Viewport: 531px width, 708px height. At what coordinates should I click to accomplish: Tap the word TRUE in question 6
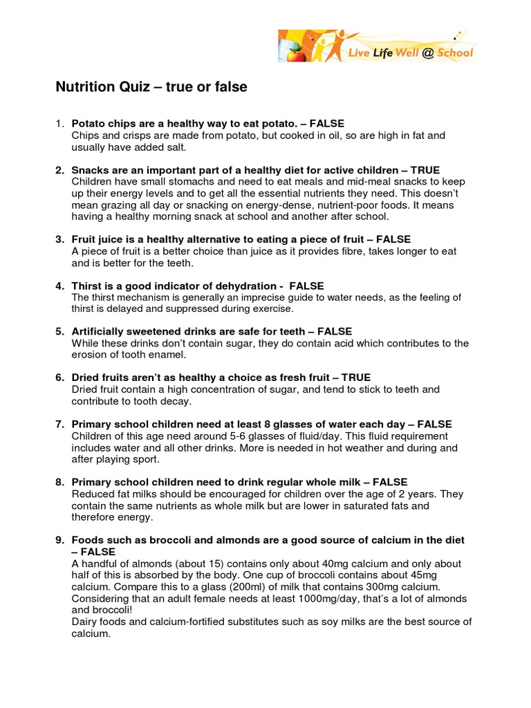click(x=355, y=378)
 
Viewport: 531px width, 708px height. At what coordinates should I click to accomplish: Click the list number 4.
click(x=59, y=286)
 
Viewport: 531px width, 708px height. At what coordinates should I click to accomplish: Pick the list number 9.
click(x=59, y=539)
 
